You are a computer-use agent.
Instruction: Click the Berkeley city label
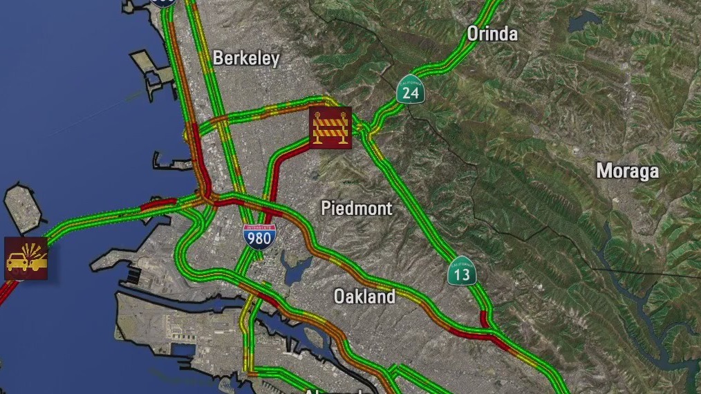tap(246, 58)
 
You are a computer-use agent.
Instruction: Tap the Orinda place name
tap(492, 33)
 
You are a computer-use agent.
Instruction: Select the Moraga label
tap(628, 171)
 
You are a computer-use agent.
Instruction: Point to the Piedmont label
tap(357, 208)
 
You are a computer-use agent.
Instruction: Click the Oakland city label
tap(364, 297)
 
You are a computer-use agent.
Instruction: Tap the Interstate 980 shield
tap(259, 237)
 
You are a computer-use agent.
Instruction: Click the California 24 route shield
tap(411, 90)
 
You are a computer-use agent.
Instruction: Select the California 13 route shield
tap(462, 272)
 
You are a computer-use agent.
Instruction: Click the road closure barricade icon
tap(330, 128)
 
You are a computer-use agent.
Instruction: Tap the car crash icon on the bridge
tap(26, 259)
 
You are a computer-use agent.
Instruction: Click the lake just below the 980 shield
tap(296, 268)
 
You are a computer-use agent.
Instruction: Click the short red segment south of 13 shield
tap(485, 319)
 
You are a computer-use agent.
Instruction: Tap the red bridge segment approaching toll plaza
tap(158, 205)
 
